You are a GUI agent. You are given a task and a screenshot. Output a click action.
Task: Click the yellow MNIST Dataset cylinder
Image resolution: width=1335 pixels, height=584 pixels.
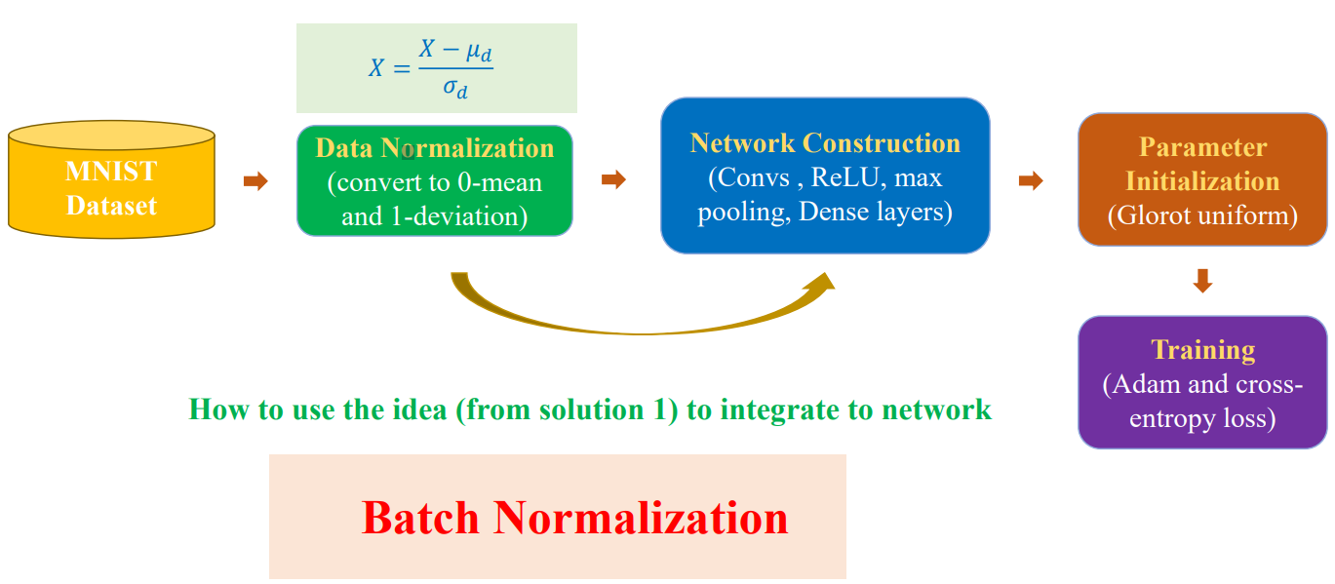click(111, 179)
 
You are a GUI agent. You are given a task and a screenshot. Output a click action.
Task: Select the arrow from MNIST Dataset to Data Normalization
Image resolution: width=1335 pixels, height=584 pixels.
click(255, 180)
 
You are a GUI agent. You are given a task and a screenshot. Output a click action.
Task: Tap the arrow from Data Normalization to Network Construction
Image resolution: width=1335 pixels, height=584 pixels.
click(613, 179)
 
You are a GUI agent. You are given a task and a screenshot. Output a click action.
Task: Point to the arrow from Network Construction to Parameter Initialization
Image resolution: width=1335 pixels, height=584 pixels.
click(1031, 180)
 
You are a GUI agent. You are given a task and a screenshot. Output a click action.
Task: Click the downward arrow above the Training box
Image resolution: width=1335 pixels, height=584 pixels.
click(1202, 281)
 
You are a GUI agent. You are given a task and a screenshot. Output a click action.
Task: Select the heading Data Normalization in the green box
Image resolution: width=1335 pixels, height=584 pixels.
click(435, 148)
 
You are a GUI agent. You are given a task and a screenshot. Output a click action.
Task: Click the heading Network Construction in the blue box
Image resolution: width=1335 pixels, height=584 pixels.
click(825, 143)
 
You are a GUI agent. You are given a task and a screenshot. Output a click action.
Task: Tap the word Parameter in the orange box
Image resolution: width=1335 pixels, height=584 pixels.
click(1202, 147)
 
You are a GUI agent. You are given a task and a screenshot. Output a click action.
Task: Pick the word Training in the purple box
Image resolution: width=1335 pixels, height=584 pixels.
click(1202, 350)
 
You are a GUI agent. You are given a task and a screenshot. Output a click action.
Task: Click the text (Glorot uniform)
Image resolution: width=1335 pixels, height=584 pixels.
click(1202, 215)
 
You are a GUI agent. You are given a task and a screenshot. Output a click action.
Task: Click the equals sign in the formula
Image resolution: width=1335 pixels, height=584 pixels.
click(402, 68)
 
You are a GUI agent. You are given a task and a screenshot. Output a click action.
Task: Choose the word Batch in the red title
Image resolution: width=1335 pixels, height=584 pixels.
click(420, 518)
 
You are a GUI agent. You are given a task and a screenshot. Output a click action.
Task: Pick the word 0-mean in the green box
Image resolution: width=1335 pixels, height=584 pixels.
click(499, 182)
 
